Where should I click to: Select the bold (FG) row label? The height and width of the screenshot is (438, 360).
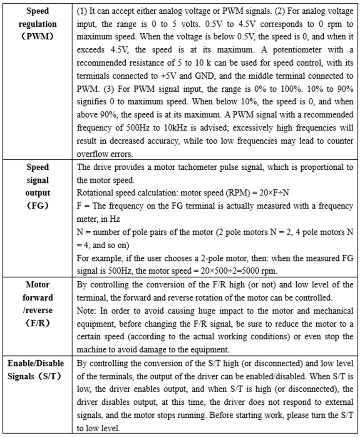point(38,205)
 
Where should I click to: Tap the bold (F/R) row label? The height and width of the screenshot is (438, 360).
point(38,322)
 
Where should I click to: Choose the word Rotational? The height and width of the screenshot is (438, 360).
point(94,193)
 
